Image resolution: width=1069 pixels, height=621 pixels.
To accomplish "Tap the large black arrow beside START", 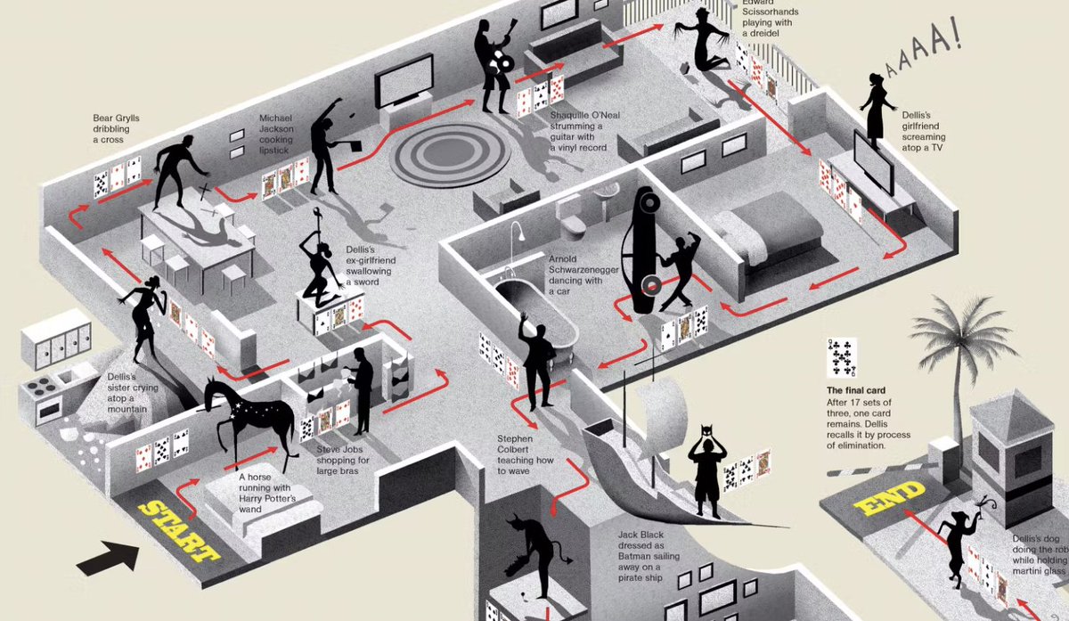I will pos(108,557).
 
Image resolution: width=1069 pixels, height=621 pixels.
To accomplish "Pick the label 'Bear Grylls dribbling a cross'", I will pos(117,129).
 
